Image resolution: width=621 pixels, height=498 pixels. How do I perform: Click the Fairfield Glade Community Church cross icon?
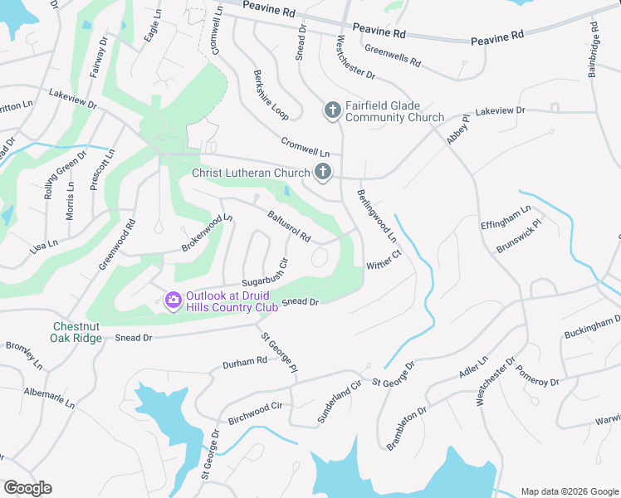[332, 110]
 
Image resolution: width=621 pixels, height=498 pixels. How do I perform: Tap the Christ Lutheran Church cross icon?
[323, 173]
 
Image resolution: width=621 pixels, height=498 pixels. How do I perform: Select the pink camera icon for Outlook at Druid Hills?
[174, 300]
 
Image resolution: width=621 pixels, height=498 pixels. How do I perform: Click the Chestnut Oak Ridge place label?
[77, 332]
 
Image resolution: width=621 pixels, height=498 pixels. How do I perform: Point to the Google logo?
[27, 488]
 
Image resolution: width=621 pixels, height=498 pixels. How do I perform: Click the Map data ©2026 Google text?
[569, 491]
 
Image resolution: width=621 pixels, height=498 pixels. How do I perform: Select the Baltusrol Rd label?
[288, 226]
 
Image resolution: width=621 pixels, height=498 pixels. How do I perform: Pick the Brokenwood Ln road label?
[208, 233]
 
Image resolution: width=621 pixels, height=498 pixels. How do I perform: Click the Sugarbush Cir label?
[264, 273]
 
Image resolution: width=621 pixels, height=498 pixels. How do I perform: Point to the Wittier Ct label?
[384, 259]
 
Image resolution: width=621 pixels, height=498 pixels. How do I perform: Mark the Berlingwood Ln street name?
[376, 215]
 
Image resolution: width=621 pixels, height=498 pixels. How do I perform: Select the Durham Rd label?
[245, 362]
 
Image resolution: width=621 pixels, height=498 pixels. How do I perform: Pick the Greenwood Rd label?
[117, 244]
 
